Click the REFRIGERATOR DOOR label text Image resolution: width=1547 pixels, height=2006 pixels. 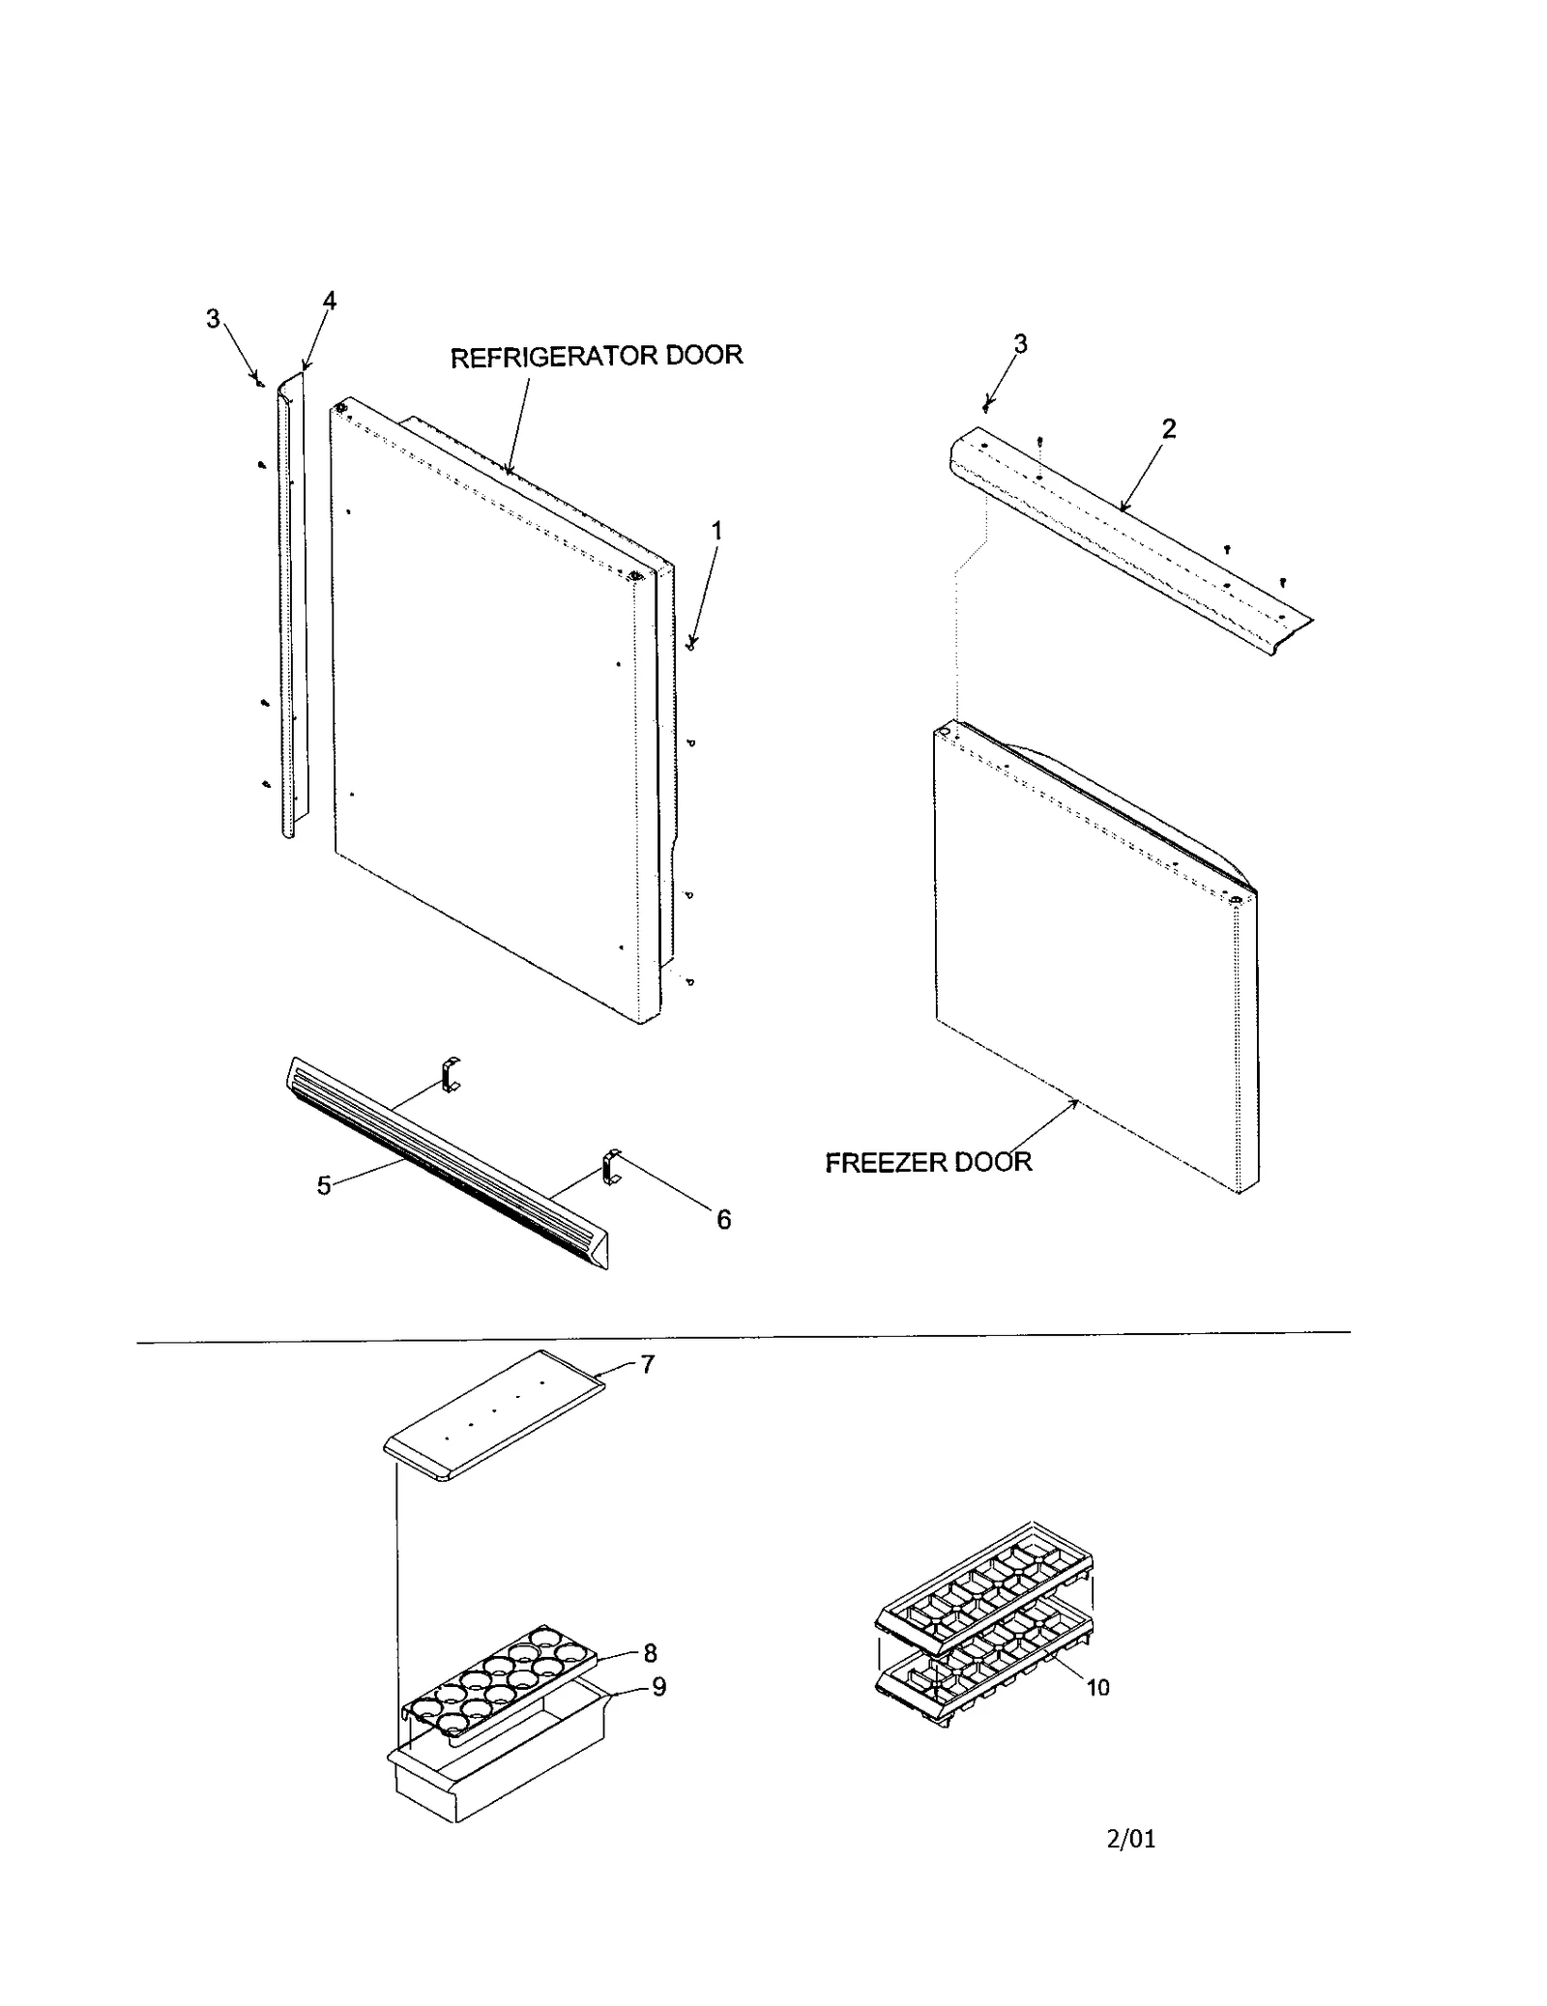597,356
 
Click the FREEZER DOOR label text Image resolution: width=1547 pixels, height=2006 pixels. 927,1162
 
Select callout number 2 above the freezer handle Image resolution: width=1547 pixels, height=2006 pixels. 1169,428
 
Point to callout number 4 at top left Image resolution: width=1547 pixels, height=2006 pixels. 330,301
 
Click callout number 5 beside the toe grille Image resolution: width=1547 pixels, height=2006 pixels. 325,1185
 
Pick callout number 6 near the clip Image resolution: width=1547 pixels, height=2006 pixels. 723,1219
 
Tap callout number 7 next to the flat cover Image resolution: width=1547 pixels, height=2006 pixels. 647,1364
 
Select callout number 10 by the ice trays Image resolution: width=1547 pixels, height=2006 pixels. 1097,1688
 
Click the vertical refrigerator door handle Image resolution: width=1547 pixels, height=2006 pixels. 288,609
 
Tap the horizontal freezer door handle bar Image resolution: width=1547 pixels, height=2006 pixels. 1122,541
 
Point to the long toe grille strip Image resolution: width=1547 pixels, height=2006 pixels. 445,1160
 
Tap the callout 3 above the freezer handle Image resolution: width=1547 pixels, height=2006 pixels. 1020,343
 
